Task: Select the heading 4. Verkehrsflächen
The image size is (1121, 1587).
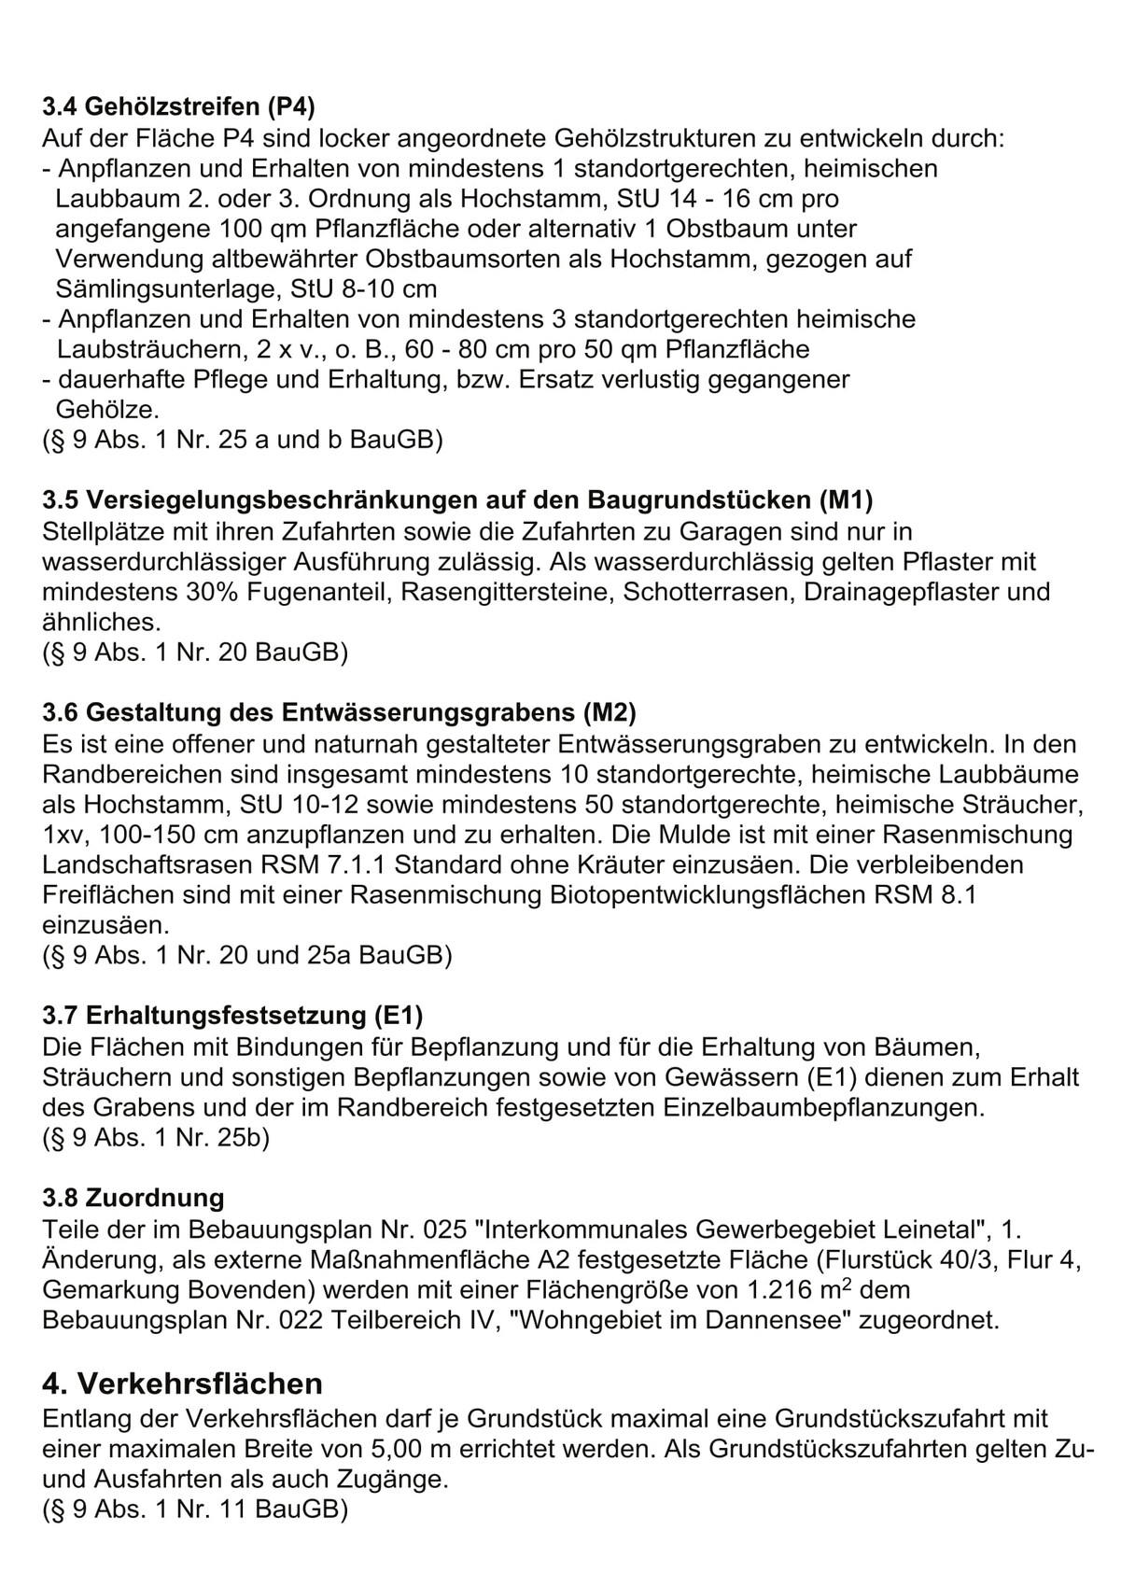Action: pyautogui.click(x=183, y=1383)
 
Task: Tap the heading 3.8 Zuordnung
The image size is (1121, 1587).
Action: pyautogui.click(x=133, y=1198)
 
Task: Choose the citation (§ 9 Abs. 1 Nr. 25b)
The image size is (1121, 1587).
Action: pyautogui.click(x=156, y=1139)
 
